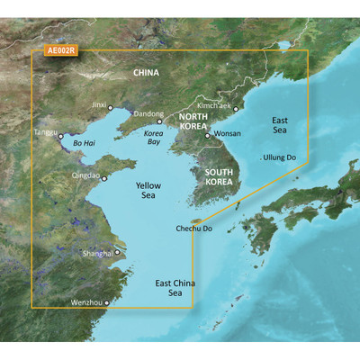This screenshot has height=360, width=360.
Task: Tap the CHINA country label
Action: pos(145,73)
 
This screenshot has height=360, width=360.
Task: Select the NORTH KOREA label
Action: pos(195,121)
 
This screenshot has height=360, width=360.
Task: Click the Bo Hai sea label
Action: pos(83,141)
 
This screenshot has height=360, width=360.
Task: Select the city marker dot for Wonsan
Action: pos(207,137)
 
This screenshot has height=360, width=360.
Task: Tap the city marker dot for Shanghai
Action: pos(117,253)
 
